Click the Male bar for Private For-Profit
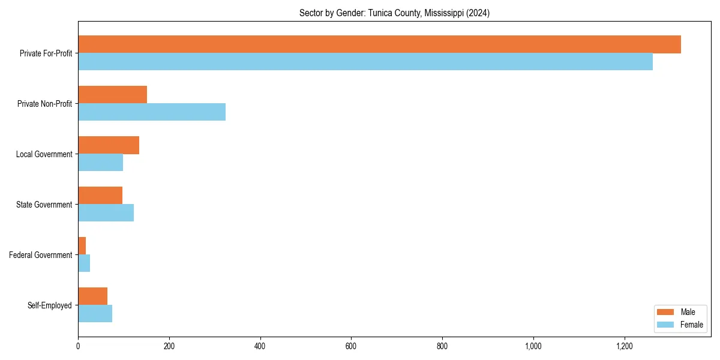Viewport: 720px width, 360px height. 379,44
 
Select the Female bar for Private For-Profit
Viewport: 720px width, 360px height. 365,62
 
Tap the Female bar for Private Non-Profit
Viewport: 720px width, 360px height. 152,112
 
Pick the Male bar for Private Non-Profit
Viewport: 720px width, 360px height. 112,95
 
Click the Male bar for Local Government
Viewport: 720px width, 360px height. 109,145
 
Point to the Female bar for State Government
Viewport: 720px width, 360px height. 106,213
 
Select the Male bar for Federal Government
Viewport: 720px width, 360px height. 82,246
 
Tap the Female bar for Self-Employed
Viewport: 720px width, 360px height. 95,314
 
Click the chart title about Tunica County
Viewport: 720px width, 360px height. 394,13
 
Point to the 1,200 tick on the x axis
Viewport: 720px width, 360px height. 625,346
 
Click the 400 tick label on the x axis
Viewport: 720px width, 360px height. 260,346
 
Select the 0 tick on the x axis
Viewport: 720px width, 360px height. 78,346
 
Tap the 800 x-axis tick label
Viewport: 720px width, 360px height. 442,346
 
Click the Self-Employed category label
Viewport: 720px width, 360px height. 50,305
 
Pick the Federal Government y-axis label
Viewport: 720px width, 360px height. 41,255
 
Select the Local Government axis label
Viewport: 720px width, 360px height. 44,154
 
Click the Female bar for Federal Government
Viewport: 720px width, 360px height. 84,263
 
